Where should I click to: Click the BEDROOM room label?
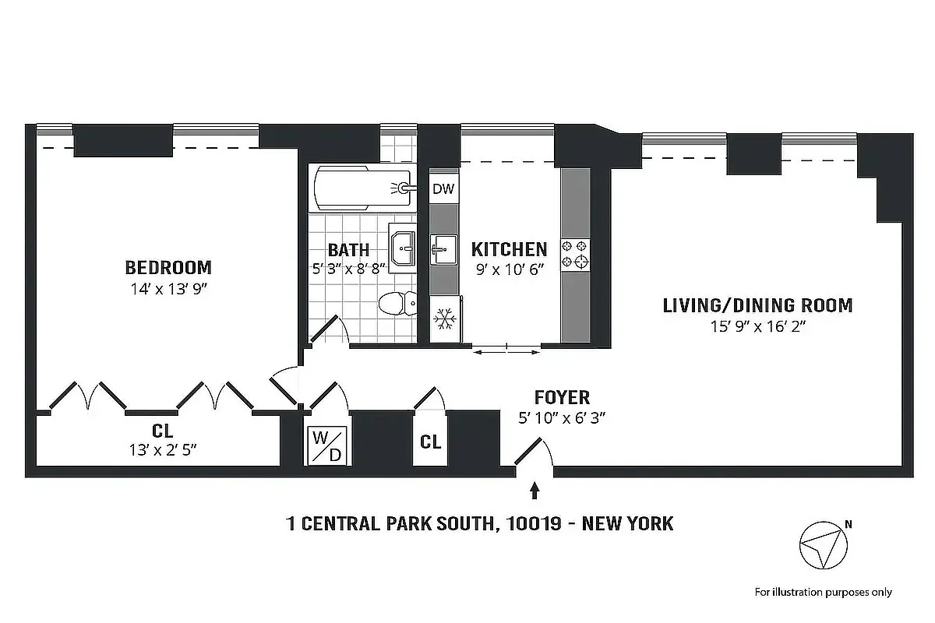[x=168, y=268]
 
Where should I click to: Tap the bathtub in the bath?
[x=362, y=188]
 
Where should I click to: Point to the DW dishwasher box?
[x=443, y=188]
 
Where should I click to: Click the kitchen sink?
[x=444, y=251]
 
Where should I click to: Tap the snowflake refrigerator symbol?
[x=445, y=319]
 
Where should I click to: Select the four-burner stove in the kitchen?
[x=577, y=255]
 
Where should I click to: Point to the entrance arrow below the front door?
[x=535, y=491]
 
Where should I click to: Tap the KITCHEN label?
[x=509, y=249]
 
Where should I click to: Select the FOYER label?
[x=562, y=398]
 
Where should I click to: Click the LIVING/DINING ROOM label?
[x=757, y=305]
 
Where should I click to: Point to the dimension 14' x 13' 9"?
[x=168, y=289]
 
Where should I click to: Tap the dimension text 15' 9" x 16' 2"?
[x=757, y=326]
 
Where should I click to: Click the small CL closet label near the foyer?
[x=431, y=442]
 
